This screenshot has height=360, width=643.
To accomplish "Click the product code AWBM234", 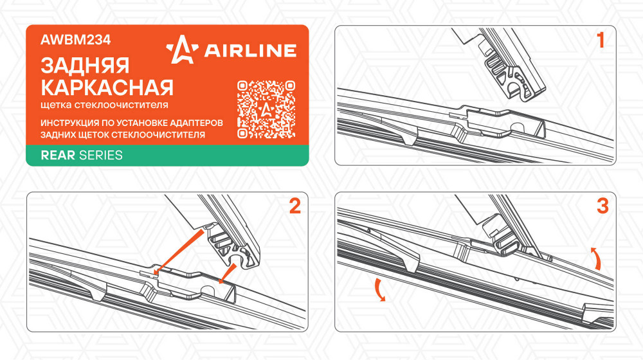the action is click(x=75, y=40).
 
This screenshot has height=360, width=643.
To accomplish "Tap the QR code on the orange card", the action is click(x=266, y=109).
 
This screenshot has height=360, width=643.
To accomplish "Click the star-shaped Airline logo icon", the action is click(x=182, y=50).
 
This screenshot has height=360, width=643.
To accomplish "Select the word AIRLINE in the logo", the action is click(x=250, y=50).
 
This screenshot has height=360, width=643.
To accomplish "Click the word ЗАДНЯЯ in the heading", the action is click(x=85, y=66).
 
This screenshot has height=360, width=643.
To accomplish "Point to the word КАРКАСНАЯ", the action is click(x=107, y=87).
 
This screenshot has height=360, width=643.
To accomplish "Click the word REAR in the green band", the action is click(x=58, y=156).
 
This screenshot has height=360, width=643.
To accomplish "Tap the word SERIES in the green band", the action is click(x=101, y=156).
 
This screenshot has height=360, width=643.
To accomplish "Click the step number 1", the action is click(x=601, y=40).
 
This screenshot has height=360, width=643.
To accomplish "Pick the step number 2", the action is click(x=295, y=206).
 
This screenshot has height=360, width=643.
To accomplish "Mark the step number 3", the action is click(x=602, y=206).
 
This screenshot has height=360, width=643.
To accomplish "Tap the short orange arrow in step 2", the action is click(x=228, y=274).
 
